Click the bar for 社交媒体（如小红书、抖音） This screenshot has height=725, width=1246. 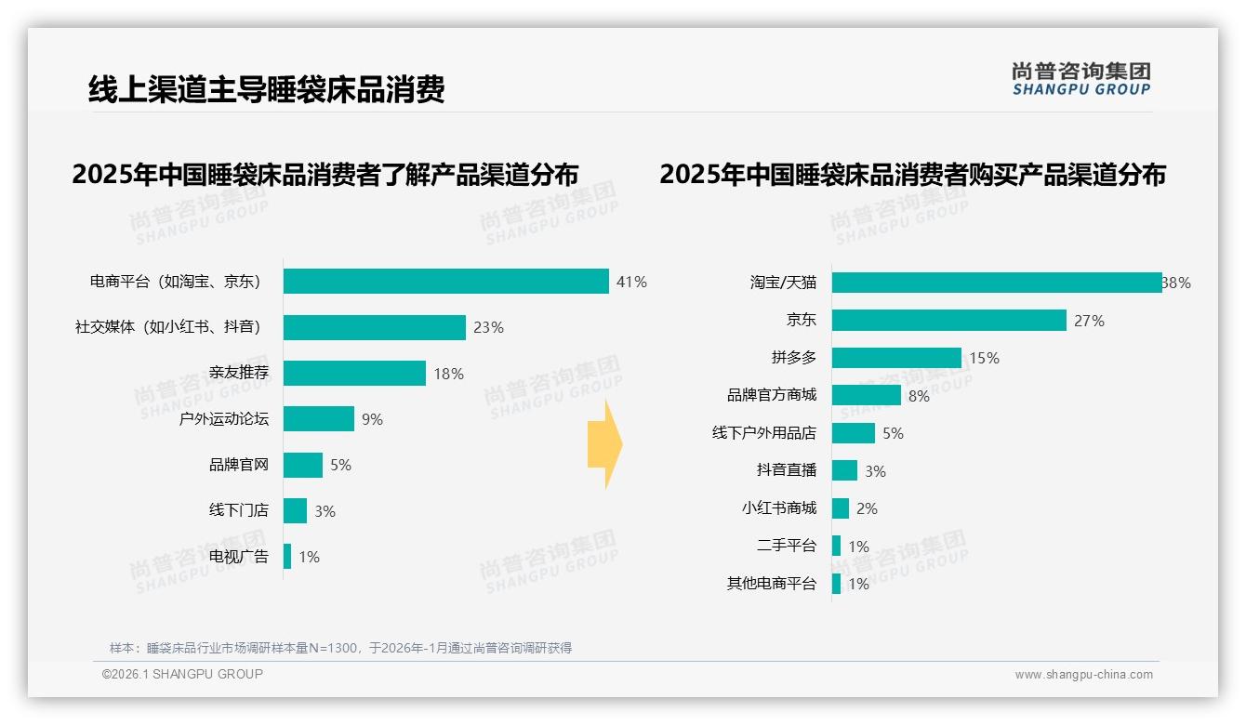(374, 327)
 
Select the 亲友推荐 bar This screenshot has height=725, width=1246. (354, 373)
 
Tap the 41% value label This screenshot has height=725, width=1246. (631, 282)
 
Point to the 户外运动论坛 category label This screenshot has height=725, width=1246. (224, 419)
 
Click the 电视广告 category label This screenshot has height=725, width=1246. (239, 557)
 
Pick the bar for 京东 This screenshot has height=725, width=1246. (948, 321)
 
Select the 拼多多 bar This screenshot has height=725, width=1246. (896, 358)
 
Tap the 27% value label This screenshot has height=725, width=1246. (1089, 321)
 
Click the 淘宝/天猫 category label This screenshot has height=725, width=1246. (783, 283)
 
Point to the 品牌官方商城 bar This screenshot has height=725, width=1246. (866, 395)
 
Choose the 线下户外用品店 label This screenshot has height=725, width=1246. (764, 433)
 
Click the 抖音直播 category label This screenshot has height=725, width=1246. (787, 470)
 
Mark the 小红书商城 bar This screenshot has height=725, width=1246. (840, 508)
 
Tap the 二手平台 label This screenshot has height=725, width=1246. (787, 546)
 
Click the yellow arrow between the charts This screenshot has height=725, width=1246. (604, 444)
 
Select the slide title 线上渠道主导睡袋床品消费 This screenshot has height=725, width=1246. (267, 89)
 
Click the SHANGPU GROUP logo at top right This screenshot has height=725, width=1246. (1081, 79)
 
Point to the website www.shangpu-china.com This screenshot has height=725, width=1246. (1083, 675)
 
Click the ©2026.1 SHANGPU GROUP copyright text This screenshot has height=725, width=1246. (182, 674)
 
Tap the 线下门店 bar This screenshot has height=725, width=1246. (295, 510)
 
